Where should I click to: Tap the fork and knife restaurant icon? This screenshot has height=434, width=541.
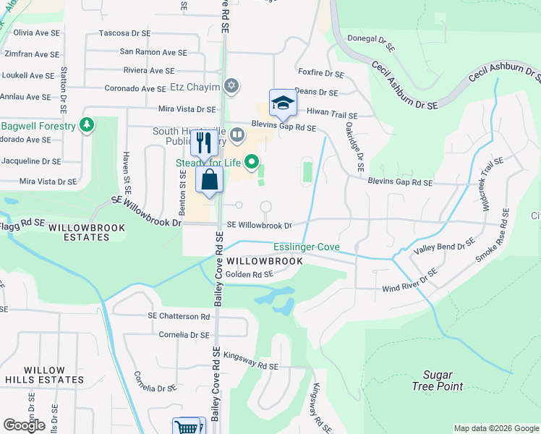pos(204,142)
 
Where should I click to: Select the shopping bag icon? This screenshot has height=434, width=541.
pos(210,180)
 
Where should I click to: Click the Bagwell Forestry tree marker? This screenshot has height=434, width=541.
pos(87,126)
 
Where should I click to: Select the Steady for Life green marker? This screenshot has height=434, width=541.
pos(252,163)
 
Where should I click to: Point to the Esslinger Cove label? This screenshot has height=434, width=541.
pos(305,247)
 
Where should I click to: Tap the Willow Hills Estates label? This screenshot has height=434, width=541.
pos(43,374)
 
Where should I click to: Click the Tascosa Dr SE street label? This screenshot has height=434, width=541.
pos(124,33)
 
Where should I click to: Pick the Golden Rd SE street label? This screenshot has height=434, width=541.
pos(249,274)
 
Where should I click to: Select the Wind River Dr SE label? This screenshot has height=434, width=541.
pos(410,281)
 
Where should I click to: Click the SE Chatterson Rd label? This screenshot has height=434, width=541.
pos(179,316)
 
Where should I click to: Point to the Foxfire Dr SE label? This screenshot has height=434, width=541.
pos(320,73)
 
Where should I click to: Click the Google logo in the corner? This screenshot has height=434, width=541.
pos(25,425)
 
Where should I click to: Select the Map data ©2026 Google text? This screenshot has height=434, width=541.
pos(495,428)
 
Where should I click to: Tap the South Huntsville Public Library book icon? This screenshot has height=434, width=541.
pos(237,135)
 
